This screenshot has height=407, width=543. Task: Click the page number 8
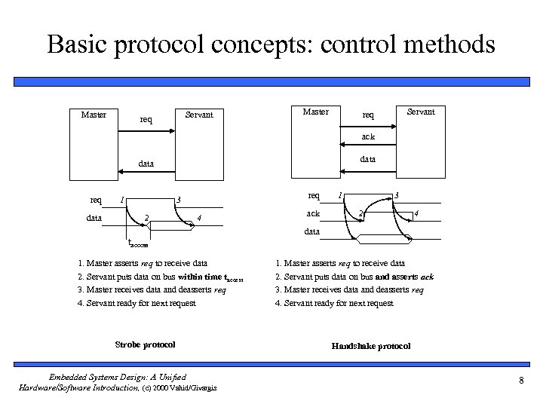521,380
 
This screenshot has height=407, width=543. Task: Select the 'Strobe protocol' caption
145,344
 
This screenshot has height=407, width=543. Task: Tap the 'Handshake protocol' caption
371,346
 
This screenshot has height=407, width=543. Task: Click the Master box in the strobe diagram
94,143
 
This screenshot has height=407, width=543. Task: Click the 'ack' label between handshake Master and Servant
367,137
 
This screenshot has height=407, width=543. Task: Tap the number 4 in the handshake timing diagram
416,215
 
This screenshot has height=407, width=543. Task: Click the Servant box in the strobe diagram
200,143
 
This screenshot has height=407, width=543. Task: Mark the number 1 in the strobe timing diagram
122,200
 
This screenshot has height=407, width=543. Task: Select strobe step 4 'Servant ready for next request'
137,303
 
